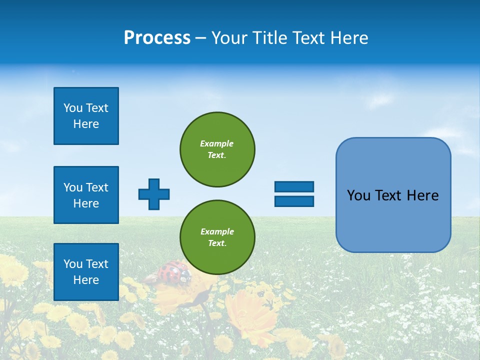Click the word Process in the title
pos(157,38)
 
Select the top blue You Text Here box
pos(86,116)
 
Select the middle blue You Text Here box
pos(86,195)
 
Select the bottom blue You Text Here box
pos(86,272)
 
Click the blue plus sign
pos(154,194)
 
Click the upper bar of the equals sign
pos(294,186)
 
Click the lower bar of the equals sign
pos(294,201)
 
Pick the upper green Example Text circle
pos(217,149)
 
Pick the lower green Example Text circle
pos(217,237)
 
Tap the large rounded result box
pos(393,195)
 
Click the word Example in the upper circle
pos(216,143)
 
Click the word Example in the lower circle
pos(216,231)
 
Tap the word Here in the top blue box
pos(86,124)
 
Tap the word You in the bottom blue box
pos(73,264)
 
